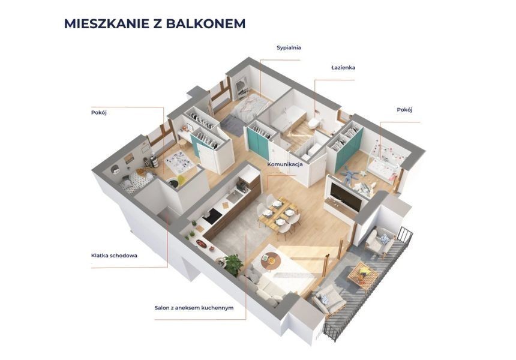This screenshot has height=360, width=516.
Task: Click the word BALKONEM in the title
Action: pyautogui.click(x=205, y=23)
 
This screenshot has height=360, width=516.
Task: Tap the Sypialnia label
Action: pyautogui.click(x=289, y=48)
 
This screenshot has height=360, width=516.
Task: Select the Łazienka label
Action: pyautogui.click(x=343, y=67)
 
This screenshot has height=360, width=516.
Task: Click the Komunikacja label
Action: pyautogui.click(x=284, y=164)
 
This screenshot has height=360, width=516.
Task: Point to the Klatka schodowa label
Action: pyautogui.click(x=114, y=256)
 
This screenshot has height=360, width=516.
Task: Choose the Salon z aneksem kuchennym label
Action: pyautogui.click(x=194, y=308)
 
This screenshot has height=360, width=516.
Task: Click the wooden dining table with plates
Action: pyautogui.click(x=278, y=213)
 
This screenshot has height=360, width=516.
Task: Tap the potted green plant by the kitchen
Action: pyautogui.click(x=233, y=264)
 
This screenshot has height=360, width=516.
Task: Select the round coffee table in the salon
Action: pyautogui.click(x=271, y=260)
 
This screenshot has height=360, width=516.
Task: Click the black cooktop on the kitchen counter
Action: pyautogui.click(x=212, y=216)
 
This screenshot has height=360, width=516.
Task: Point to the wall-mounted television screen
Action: pyautogui.click(x=346, y=196)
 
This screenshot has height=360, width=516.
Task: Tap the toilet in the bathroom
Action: pyautogui.click(x=314, y=124)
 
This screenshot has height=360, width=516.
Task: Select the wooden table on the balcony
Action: pyautogui.click(x=362, y=274)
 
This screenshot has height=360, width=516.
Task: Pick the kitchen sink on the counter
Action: pyautogui.click(x=235, y=197)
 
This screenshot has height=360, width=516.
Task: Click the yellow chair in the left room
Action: pyautogui.click(x=181, y=181)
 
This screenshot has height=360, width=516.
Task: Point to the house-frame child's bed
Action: pyautogui.click(x=385, y=161)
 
